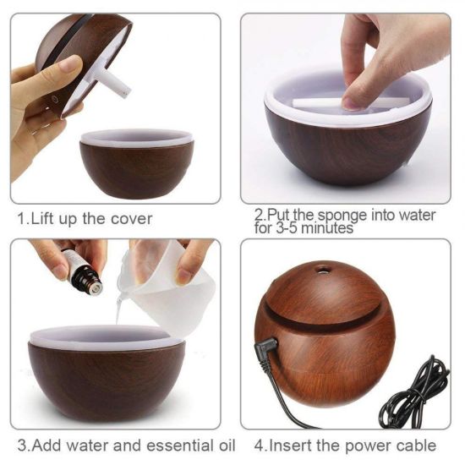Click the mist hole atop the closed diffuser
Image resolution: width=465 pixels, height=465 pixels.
tap(322, 271)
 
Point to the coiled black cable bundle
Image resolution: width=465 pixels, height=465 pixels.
tap(415, 393)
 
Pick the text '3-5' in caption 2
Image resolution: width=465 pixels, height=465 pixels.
tap(294, 228)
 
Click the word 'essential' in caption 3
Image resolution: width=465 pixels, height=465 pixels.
tap(161, 445)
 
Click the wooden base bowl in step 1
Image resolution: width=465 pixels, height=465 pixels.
tap(136, 165)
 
